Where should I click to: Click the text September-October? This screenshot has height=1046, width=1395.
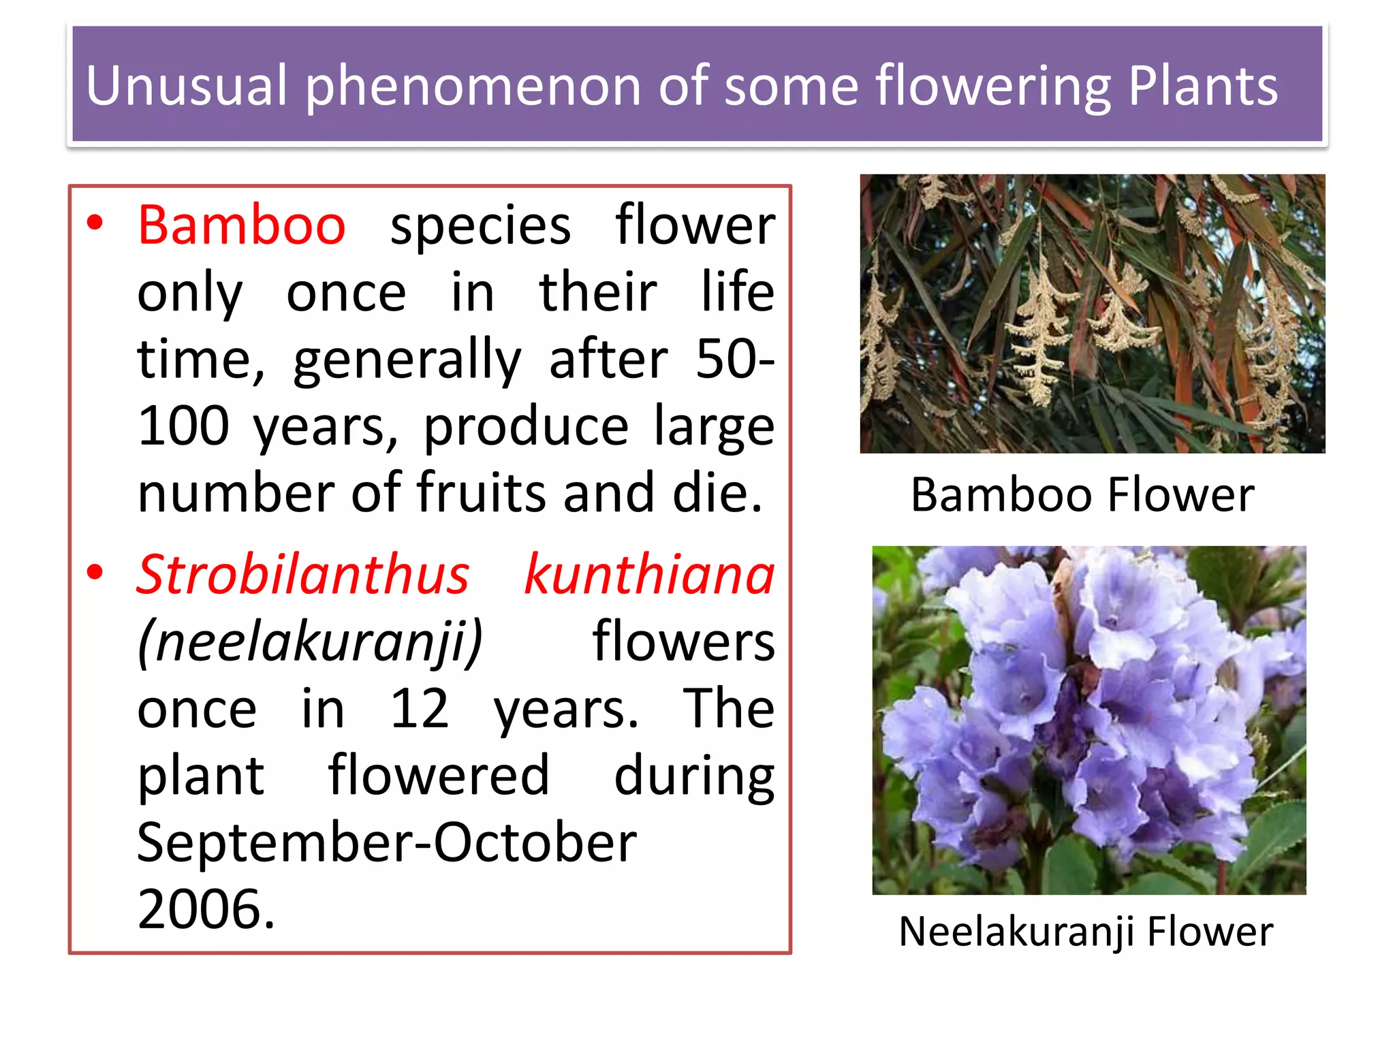point(386,842)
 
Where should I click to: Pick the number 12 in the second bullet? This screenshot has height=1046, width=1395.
point(419,708)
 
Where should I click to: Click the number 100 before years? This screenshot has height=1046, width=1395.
point(183,426)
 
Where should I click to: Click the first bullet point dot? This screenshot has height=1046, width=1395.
point(95,223)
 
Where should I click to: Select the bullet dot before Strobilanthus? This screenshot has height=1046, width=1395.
point(95,572)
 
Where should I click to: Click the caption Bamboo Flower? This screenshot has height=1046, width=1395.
point(1082,494)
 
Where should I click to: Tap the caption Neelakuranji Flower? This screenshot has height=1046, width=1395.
point(1085,931)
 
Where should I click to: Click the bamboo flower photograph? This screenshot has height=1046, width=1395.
point(1092,313)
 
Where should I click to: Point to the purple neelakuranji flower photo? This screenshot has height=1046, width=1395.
point(1088,720)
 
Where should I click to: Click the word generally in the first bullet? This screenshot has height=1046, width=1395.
point(407,360)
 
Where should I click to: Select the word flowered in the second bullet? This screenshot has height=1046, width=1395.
point(438,775)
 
